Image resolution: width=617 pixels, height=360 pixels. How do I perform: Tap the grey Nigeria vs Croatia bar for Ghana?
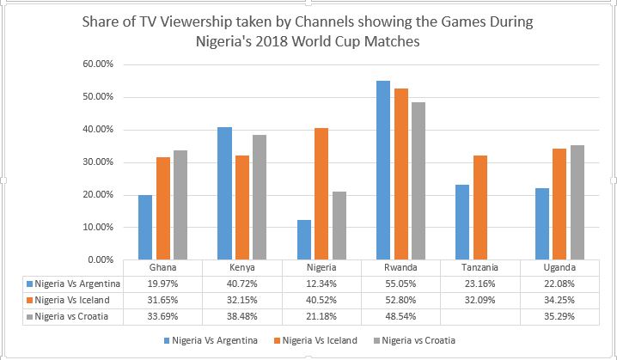pyautogui.click(x=180, y=204)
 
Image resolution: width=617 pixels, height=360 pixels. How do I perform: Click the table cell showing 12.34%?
pyautogui.click(x=317, y=283)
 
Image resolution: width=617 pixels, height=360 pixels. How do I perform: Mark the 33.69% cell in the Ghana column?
pyautogui.click(x=154, y=315)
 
